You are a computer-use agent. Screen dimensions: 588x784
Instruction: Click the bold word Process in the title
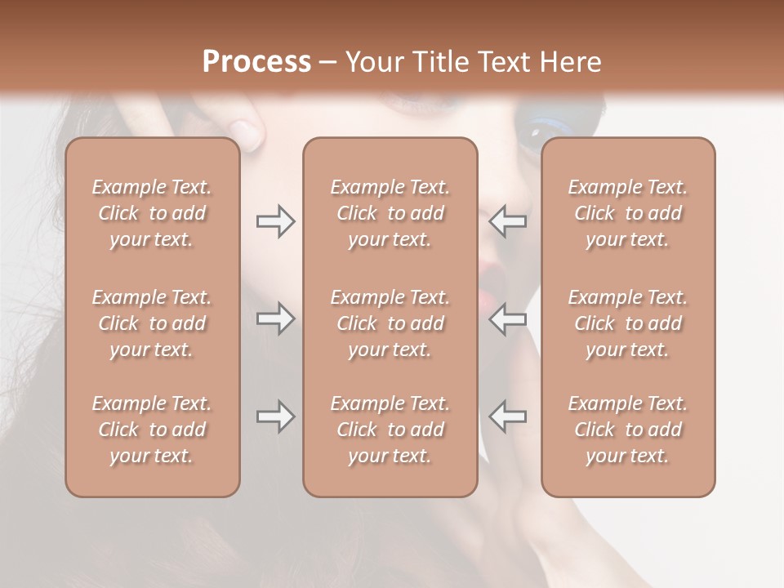[x=256, y=61]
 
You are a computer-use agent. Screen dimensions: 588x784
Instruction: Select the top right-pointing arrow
[x=276, y=221]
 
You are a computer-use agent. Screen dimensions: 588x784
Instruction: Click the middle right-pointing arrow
[x=276, y=318]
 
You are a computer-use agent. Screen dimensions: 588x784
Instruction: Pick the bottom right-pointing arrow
[x=276, y=416]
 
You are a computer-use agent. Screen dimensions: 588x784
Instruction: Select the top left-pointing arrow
[x=507, y=221]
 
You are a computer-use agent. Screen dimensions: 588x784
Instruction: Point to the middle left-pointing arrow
[x=507, y=318]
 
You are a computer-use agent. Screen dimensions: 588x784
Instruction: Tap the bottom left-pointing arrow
[x=507, y=416]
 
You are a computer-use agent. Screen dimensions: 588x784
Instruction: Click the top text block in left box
[x=152, y=213]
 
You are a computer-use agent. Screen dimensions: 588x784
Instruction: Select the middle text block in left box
[x=152, y=323]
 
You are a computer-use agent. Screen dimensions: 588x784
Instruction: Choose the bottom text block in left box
[x=152, y=430]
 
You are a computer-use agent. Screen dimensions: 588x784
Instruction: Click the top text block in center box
[x=390, y=213]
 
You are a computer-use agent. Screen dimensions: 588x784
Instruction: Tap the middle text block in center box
[x=390, y=323]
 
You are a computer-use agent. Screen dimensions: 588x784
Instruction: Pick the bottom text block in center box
[x=390, y=430]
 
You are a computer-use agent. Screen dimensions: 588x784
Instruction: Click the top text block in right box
[x=627, y=213]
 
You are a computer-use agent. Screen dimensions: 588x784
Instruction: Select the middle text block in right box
[x=627, y=323]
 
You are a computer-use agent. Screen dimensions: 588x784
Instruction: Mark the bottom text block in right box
[x=627, y=430]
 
